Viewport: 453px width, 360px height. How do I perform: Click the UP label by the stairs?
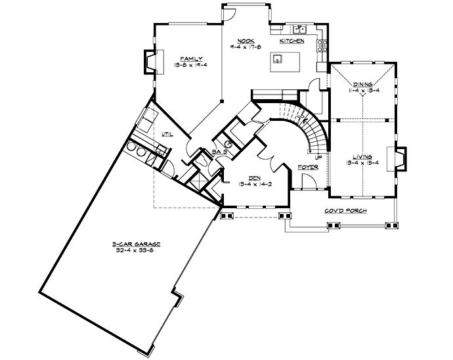[318, 158]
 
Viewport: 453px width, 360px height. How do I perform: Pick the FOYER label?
[308, 168]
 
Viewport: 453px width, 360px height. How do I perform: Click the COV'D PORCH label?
[345, 212]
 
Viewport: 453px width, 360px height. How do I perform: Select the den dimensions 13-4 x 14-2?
[247, 185]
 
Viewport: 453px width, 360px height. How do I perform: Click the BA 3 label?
[219, 152]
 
